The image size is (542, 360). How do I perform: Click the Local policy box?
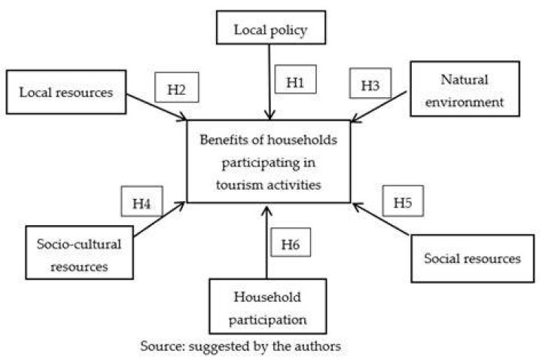[x=271, y=27]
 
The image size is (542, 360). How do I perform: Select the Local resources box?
[x=66, y=92]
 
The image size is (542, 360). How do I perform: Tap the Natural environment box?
[x=464, y=89]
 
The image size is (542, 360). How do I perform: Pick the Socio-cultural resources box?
[x=79, y=252]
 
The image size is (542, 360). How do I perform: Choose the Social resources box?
[x=472, y=258]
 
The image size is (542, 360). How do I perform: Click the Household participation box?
[x=267, y=306]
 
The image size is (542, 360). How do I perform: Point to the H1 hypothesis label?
[x=295, y=79]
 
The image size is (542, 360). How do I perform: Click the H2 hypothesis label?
[x=177, y=87]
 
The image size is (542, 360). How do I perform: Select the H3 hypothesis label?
[x=370, y=83]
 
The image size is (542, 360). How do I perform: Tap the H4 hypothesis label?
[x=142, y=201]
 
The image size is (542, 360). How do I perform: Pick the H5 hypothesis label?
[x=403, y=201]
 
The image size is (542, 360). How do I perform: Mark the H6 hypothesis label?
[x=291, y=242]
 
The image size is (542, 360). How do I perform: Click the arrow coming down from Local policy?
[x=269, y=82]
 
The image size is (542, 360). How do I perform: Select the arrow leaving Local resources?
[x=157, y=107]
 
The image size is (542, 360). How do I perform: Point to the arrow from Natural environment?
[x=379, y=107]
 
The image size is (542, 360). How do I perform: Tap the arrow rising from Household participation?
[x=266, y=243]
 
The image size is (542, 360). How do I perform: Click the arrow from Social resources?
[x=381, y=219]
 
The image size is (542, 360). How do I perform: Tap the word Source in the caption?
[x=162, y=346]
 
